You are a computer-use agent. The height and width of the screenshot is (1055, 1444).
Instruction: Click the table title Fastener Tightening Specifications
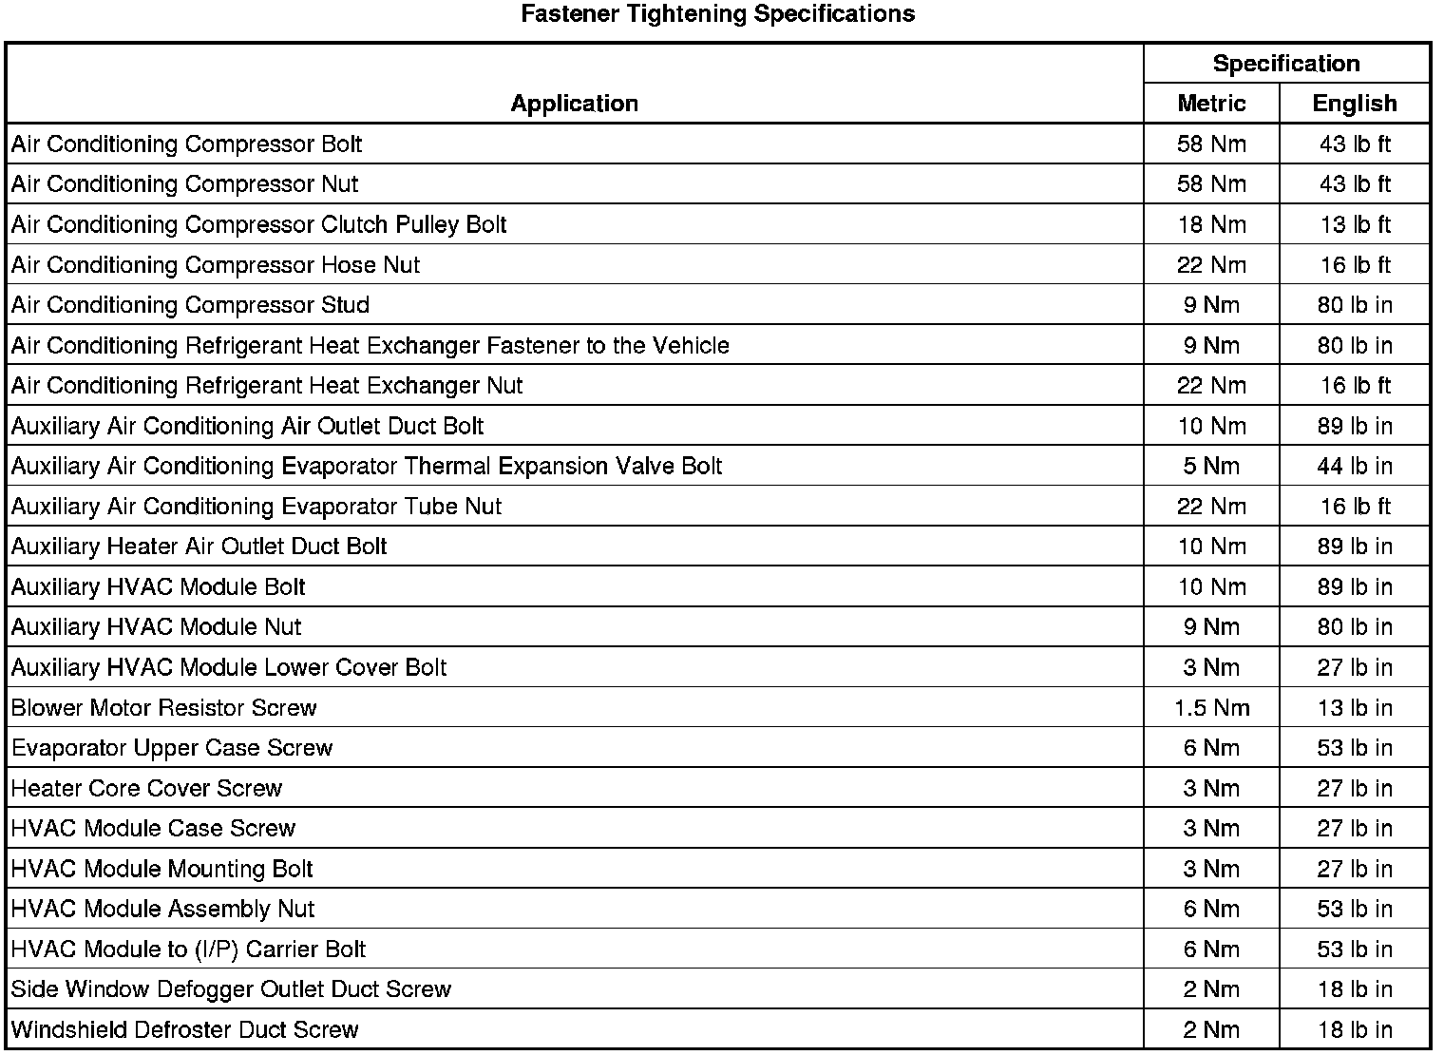[x=717, y=14]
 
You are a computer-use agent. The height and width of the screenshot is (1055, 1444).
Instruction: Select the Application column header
[x=574, y=104]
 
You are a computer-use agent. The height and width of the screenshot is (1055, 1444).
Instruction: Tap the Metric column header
[x=1211, y=104]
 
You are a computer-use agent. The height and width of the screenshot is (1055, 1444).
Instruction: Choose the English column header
[x=1355, y=104]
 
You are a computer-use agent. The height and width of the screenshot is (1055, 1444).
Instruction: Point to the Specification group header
[x=1286, y=64]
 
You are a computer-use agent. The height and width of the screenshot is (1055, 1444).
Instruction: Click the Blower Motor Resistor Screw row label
[x=163, y=708]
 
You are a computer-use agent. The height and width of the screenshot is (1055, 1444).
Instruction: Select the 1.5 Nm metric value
[x=1211, y=708]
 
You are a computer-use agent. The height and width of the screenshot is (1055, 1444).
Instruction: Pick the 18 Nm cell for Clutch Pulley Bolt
[x=1211, y=225]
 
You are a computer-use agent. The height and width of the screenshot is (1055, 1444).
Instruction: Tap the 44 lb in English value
[x=1355, y=467]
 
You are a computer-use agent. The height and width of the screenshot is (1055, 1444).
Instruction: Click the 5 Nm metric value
[x=1211, y=467]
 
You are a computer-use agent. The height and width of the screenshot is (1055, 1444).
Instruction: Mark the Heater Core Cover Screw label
[x=146, y=789]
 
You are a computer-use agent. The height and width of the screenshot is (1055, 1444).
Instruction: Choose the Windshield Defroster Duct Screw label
[x=184, y=1030]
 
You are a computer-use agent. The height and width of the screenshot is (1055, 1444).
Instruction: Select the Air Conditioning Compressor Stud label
[x=190, y=305]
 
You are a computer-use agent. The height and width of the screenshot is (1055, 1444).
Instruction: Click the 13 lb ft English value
[x=1355, y=225]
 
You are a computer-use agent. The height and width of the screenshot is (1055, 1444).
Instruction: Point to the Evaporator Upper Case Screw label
[x=172, y=748]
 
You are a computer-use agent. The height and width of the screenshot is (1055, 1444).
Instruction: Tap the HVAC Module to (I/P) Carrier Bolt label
[x=188, y=949]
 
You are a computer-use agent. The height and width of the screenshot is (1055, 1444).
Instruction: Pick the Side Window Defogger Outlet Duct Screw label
[x=231, y=989]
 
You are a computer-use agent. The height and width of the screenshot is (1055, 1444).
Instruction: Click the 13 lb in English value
[x=1355, y=708]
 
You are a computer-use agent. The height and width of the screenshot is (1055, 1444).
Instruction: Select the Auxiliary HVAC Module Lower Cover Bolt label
[x=229, y=668]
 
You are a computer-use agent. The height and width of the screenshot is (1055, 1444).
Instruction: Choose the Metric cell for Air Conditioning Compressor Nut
[x=1211, y=184]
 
